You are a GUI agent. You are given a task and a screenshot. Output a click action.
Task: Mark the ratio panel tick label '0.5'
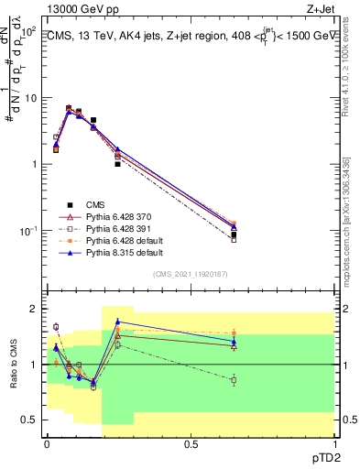[28, 420]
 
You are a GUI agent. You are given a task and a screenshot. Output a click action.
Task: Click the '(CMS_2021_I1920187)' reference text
[191, 274]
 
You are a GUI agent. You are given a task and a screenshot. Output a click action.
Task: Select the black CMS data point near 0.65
[234, 234]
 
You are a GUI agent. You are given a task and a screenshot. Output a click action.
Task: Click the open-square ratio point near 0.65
[234, 379]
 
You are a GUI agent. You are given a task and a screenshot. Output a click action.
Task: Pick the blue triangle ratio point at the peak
[117, 322]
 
